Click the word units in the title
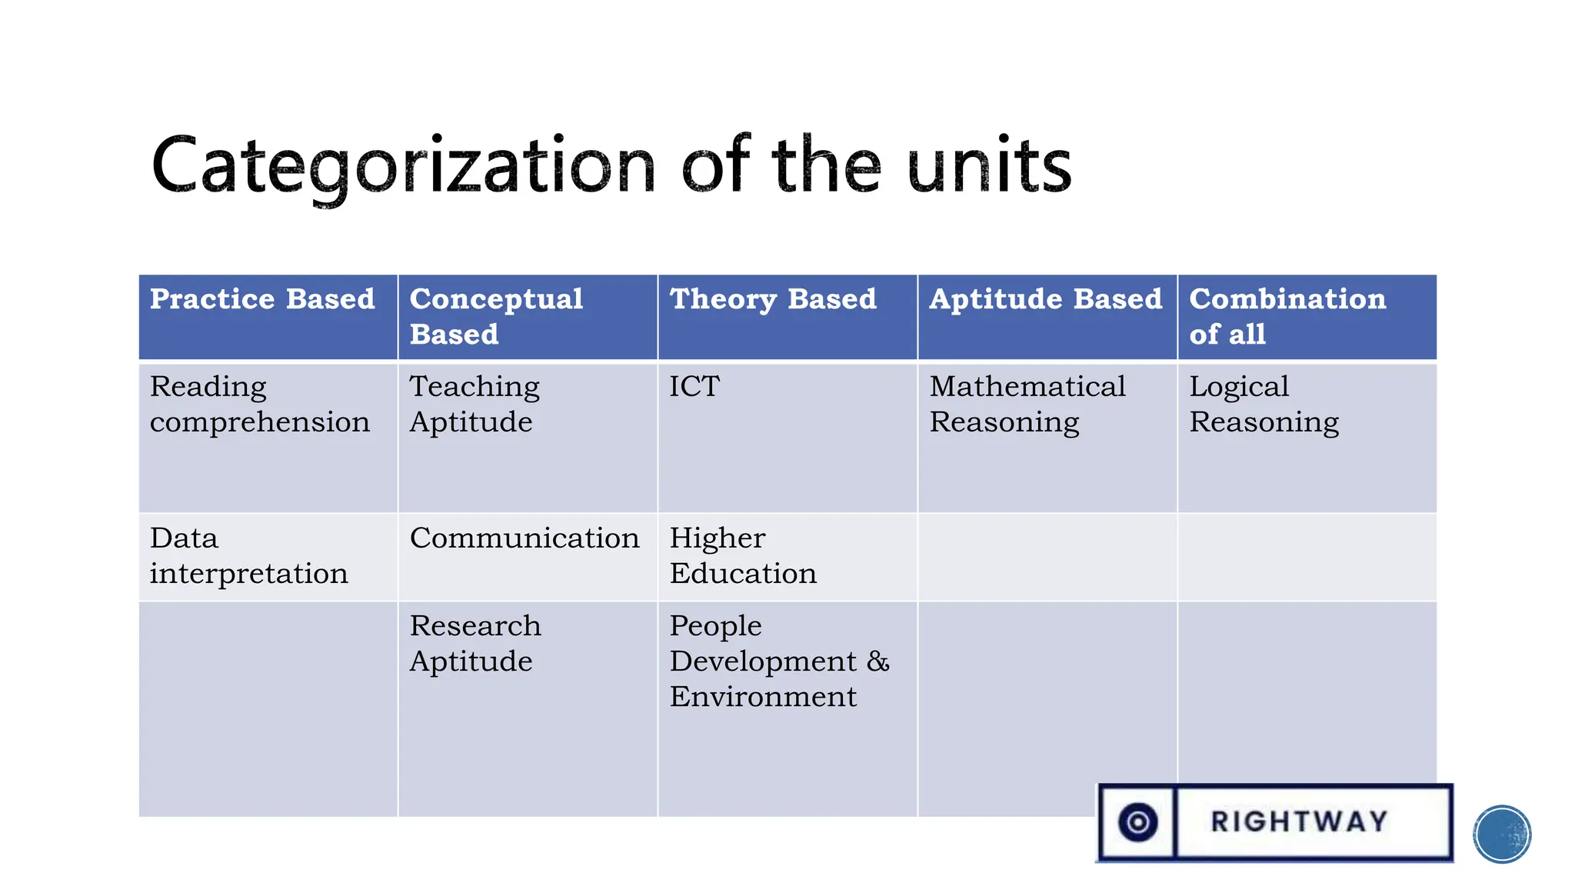pyautogui.click(x=989, y=165)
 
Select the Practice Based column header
pyautogui.click(x=262, y=299)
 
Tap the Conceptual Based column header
pyautogui.click(x=496, y=316)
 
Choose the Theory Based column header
pyautogui.click(x=773, y=299)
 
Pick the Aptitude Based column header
pyautogui.click(x=1045, y=299)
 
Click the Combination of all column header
pyautogui.click(x=1287, y=316)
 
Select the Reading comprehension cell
pyautogui.click(x=259, y=404)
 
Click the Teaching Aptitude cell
pyautogui.click(x=474, y=404)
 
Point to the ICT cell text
pyautogui.click(x=694, y=386)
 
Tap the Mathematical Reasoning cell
pyautogui.click(x=1027, y=404)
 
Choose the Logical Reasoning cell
pyautogui.click(x=1264, y=404)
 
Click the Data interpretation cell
pyautogui.click(x=248, y=555)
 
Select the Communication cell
pyautogui.click(x=524, y=538)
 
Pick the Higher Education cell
pyautogui.click(x=742, y=555)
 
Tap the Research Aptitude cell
pyautogui.click(x=474, y=643)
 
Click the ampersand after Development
pyautogui.click(x=877, y=661)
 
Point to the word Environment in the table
pyautogui.click(x=763, y=697)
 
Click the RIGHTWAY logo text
pyautogui.click(x=1299, y=821)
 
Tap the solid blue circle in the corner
pyautogui.click(x=1502, y=834)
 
